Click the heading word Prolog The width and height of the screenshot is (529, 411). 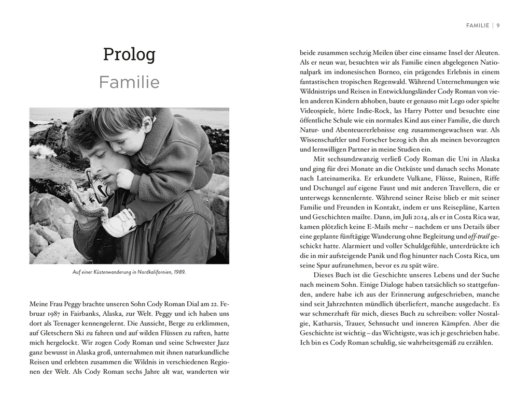(x=129, y=54)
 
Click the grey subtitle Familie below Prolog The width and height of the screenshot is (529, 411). (x=129, y=82)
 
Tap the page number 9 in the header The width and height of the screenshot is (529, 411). (x=498, y=25)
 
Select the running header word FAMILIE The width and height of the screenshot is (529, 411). (x=478, y=25)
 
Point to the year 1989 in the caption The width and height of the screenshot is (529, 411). (x=179, y=272)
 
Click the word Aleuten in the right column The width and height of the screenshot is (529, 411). (x=486, y=52)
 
